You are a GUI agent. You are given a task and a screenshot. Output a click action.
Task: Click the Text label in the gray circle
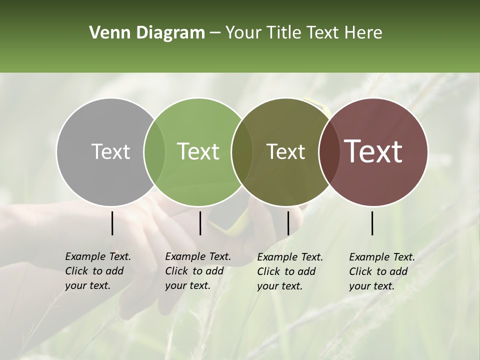point(110,151)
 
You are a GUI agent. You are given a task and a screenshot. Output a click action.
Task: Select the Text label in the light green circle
point(198,151)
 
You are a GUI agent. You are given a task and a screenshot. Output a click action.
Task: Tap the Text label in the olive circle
point(285,151)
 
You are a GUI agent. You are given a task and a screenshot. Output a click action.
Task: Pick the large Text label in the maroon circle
point(373,151)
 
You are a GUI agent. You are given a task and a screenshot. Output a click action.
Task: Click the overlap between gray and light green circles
point(154,152)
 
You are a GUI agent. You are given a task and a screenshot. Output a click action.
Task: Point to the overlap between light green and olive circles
point(242,152)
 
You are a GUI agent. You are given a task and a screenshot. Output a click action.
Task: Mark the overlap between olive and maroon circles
point(329,152)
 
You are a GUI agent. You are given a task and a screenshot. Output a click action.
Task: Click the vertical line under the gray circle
point(112,223)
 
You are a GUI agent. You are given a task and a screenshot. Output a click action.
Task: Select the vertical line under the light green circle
point(200,223)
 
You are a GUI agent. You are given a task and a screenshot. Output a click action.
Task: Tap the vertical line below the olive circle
point(288,223)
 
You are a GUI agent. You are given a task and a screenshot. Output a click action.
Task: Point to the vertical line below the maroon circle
point(372,223)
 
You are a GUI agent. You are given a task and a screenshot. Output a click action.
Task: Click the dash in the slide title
point(215,33)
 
